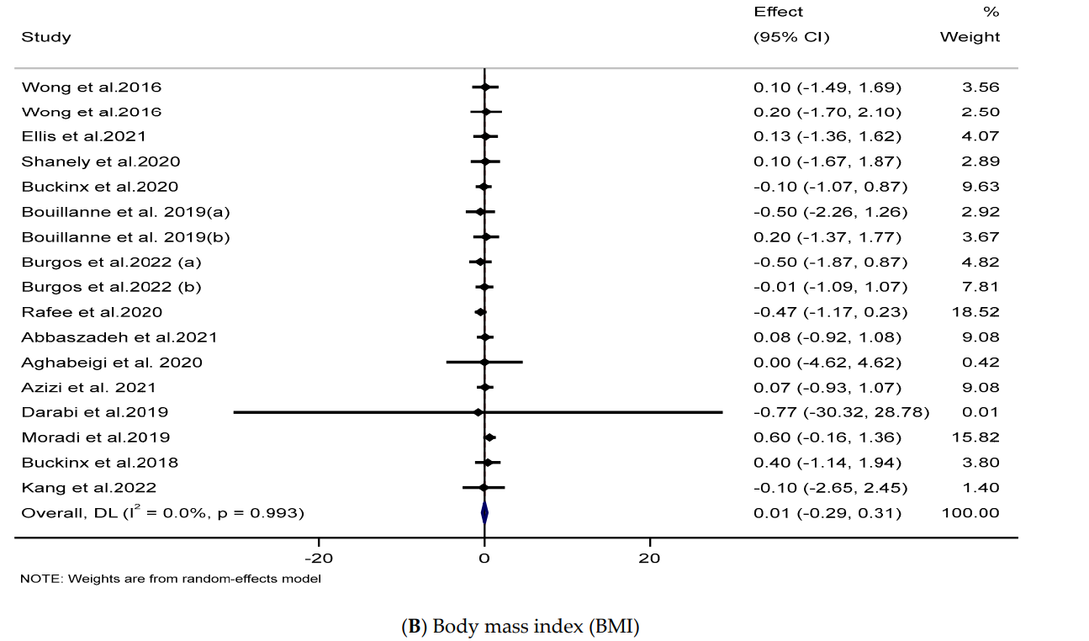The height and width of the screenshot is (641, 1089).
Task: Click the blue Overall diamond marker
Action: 484,512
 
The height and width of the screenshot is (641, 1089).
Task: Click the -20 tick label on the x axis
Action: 319,557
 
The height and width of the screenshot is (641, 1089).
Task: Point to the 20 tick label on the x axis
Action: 649,557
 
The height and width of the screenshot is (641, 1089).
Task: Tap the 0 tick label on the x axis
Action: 484,557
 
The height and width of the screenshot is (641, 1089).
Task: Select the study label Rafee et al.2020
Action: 92,312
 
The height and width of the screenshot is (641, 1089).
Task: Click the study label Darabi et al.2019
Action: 95,412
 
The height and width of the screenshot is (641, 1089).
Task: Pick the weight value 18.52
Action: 979,312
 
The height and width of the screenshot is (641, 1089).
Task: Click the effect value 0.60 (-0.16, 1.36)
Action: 827,437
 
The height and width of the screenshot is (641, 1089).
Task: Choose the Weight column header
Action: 970,37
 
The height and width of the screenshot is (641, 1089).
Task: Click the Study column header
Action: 46,37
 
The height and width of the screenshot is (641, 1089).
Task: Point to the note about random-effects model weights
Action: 172,579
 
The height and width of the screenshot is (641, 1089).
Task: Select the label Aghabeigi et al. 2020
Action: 112,363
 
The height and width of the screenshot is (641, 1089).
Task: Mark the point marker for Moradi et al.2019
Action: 489,437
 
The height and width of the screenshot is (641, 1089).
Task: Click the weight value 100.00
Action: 970,512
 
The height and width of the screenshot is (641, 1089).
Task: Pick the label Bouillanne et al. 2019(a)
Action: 125,212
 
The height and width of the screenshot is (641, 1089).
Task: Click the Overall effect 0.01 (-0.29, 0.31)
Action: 827,512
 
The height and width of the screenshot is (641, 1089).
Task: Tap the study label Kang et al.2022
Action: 89,488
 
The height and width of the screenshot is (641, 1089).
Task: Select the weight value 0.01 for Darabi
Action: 982,412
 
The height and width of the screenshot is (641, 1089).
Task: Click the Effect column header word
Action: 779,12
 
